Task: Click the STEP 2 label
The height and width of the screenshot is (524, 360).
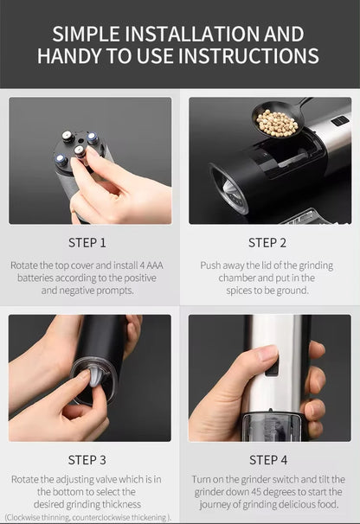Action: [269, 243]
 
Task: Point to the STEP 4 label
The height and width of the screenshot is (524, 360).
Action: [269, 459]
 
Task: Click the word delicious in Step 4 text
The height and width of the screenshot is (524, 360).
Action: [286, 503]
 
